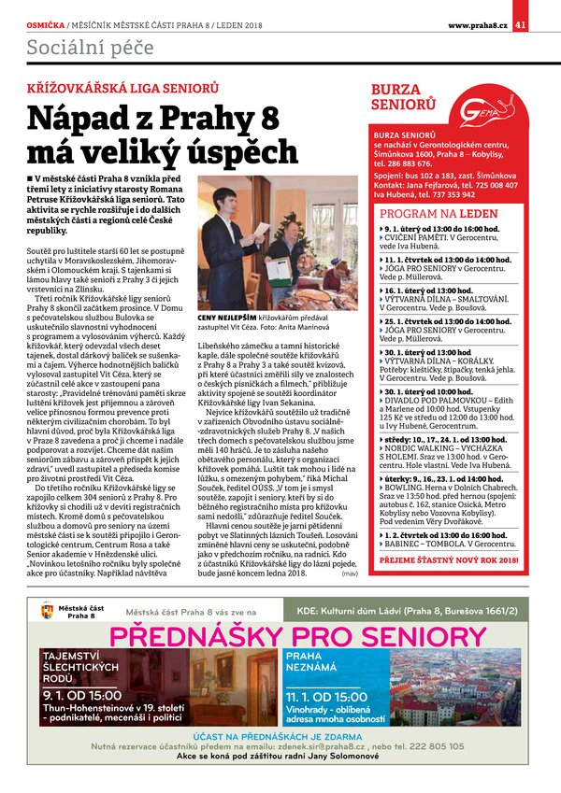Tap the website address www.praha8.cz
pos(477,24)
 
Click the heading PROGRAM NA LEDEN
pos(439,214)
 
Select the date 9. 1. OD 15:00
pos(82,695)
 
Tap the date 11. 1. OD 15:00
pos(327,697)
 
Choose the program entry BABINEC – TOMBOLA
pos(429,545)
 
